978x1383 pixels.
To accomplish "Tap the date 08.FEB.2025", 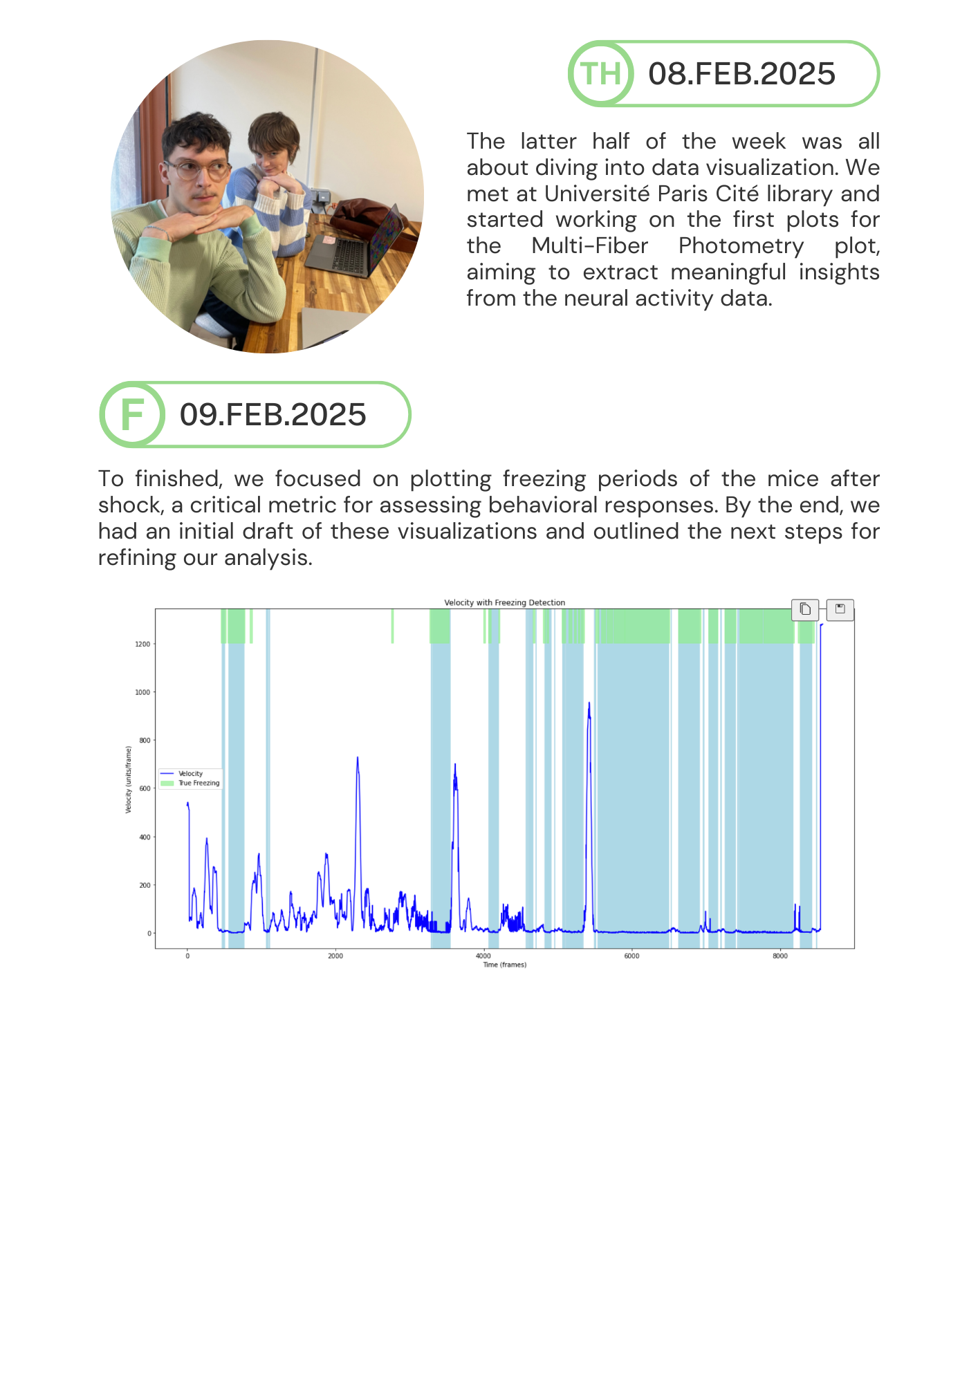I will coord(741,74).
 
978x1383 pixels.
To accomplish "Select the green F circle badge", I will coord(132,414).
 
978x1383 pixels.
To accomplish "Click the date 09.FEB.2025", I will coord(273,415).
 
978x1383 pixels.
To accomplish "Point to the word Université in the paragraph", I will coord(596,194).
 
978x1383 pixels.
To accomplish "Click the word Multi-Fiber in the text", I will coord(589,246).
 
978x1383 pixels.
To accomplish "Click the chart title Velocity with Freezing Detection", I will coord(504,602).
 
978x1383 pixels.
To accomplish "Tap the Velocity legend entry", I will coord(190,774).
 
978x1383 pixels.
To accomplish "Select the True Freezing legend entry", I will coord(199,783).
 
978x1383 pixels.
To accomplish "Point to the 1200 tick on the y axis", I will coord(142,644).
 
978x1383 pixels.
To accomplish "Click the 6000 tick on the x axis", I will coord(631,956).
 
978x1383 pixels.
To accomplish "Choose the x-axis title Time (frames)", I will coord(504,965).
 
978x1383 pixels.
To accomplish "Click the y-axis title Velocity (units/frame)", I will coord(129,779).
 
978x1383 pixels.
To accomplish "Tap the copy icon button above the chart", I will coord(805,609).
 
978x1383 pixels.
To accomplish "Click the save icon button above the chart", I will coord(840,609).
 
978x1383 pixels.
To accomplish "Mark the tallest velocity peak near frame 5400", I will coord(589,704).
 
